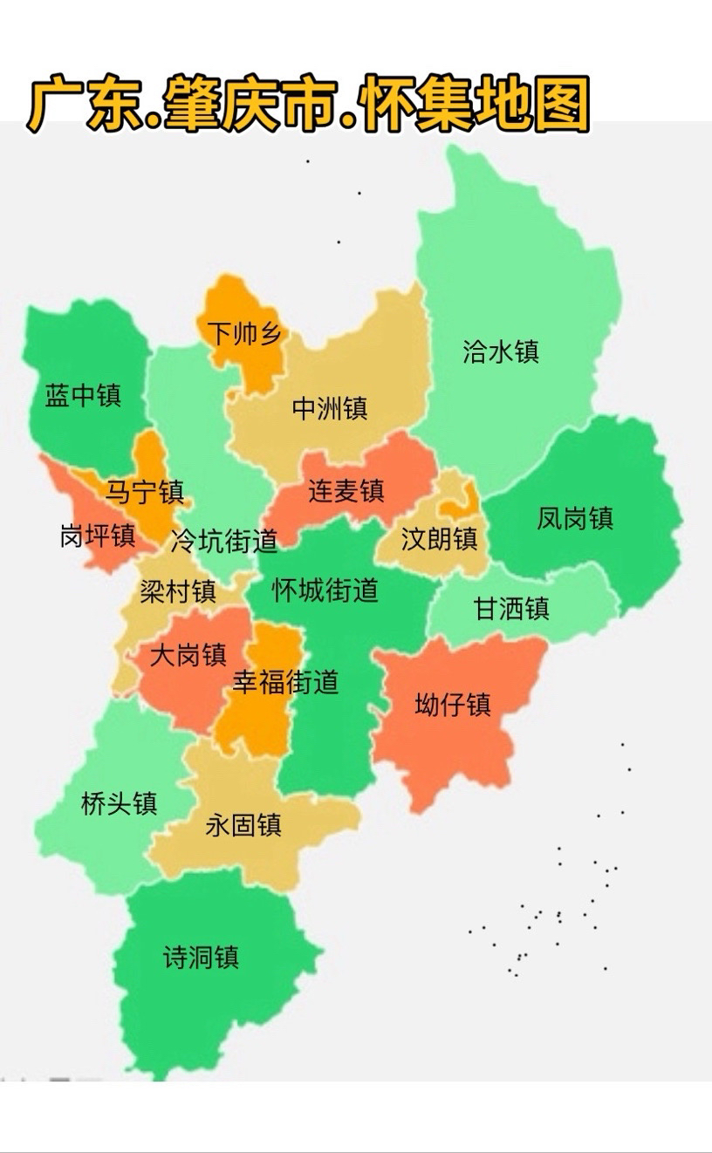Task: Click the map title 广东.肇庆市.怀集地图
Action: pyautogui.click(x=310, y=105)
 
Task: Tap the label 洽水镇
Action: pyautogui.click(x=500, y=351)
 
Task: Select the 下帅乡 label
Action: pyautogui.click(x=244, y=332)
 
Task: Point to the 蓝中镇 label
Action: pyautogui.click(x=83, y=396)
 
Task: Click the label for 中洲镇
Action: pyautogui.click(x=329, y=408)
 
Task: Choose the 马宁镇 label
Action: pyautogui.click(x=145, y=492)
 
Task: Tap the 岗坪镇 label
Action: pyautogui.click(x=98, y=536)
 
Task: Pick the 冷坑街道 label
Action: pyautogui.click(x=224, y=542)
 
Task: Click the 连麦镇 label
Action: pyautogui.click(x=346, y=491)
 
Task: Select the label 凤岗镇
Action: pyautogui.click(x=575, y=518)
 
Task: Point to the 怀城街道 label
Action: pyautogui.click(x=325, y=590)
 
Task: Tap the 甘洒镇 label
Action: pyautogui.click(x=511, y=608)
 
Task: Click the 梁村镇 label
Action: pyautogui.click(x=178, y=592)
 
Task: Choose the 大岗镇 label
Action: pyautogui.click(x=188, y=654)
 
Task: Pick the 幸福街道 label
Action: pyautogui.click(x=285, y=682)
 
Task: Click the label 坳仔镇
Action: pyautogui.click(x=453, y=704)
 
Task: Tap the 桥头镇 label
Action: pyautogui.click(x=119, y=803)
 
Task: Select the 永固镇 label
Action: pyautogui.click(x=243, y=824)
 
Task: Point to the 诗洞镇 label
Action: pyautogui.click(x=201, y=958)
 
